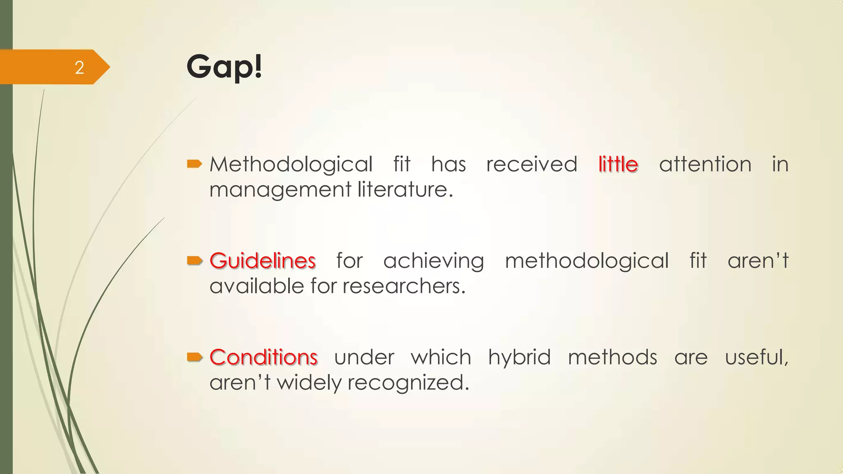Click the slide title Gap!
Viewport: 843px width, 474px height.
pyautogui.click(x=224, y=67)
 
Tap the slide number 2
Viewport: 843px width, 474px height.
pyautogui.click(x=79, y=67)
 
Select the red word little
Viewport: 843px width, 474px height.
pyautogui.click(x=618, y=164)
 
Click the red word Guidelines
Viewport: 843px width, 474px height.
pyautogui.click(x=263, y=260)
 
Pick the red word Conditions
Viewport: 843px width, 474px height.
pyautogui.click(x=263, y=357)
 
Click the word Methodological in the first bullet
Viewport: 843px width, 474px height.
pyautogui.click(x=291, y=164)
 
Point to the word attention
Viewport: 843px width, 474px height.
pyautogui.click(x=705, y=164)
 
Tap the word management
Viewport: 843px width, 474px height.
pyautogui.click(x=280, y=190)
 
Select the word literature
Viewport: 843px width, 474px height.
pyautogui.click(x=405, y=190)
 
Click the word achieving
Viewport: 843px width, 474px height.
pyautogui.click(x=433, y=260)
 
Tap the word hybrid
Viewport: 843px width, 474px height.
pyautogui.click(x=519, y=357)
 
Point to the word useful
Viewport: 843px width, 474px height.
pyautogui.click(x=757, y=357)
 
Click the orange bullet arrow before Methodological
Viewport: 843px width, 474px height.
pyautogui.click(x=194, y=164)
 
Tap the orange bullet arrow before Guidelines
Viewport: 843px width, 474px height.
pyautogui.click(x=194, y=260)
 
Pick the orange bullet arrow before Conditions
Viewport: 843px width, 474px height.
pyautogui.click(x=194, y=357)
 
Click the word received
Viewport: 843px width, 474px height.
pyautogui.click(x=531, y=164)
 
